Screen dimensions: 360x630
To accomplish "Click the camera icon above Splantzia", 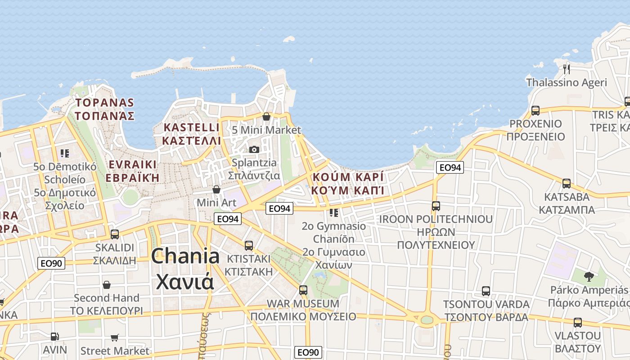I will [254, 149].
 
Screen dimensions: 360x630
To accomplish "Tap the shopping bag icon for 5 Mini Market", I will [266, 117].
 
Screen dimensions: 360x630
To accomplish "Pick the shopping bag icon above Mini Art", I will [216, 189].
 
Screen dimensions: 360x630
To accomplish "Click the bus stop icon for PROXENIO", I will [535, 110].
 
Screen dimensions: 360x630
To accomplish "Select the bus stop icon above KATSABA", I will [567, 184].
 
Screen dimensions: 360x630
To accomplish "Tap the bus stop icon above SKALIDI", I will [115, 234].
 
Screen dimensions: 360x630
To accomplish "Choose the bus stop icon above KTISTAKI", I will [249, 246].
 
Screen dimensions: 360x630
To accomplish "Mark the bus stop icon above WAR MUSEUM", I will [303, 290].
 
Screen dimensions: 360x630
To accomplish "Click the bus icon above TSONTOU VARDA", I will [486, 291].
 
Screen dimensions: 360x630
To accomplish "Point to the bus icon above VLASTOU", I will [578, 323].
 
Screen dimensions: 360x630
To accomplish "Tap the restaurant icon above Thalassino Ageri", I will [567, 69].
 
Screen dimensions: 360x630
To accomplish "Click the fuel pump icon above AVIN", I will [54, 336].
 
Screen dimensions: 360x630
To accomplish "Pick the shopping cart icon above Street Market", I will [115, 337].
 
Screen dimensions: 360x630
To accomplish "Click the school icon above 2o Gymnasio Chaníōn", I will [333, 212].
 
